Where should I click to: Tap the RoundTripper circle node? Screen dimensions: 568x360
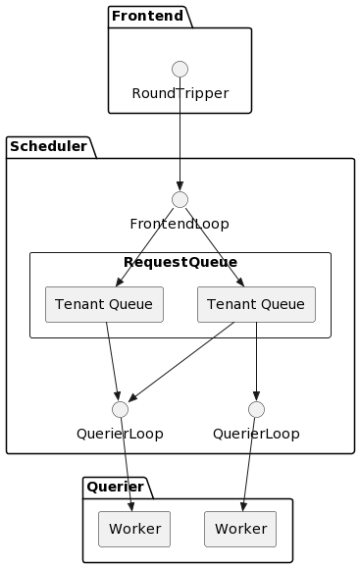180,69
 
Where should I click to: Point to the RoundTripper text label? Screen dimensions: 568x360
180,93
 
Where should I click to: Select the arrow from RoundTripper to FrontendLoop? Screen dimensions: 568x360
180,147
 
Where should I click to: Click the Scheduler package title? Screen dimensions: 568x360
48,147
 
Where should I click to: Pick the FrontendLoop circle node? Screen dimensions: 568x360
180,199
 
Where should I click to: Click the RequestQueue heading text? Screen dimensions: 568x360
180,262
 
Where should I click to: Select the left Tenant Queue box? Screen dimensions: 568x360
104,304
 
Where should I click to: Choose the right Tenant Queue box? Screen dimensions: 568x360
256,304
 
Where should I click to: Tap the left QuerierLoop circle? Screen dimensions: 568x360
120,409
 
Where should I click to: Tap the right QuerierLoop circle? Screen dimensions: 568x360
256,409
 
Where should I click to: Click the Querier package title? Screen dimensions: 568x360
114,487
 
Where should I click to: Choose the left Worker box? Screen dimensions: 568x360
134,529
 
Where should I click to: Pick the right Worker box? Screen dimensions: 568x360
240,529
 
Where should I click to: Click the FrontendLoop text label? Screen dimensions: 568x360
180,224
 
